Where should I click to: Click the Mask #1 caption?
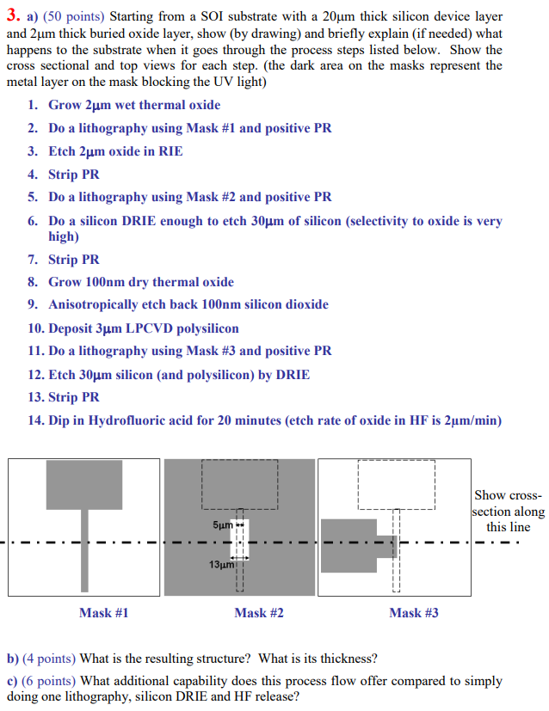(103, 613)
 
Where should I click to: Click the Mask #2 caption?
(258, 613)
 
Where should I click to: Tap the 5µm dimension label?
(221, 524)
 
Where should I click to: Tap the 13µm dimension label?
(220, 565)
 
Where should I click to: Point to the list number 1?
(32, 105)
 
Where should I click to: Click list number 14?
(35, 420)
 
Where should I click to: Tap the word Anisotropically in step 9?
(93, 304)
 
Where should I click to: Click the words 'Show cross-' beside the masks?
(508, 496)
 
